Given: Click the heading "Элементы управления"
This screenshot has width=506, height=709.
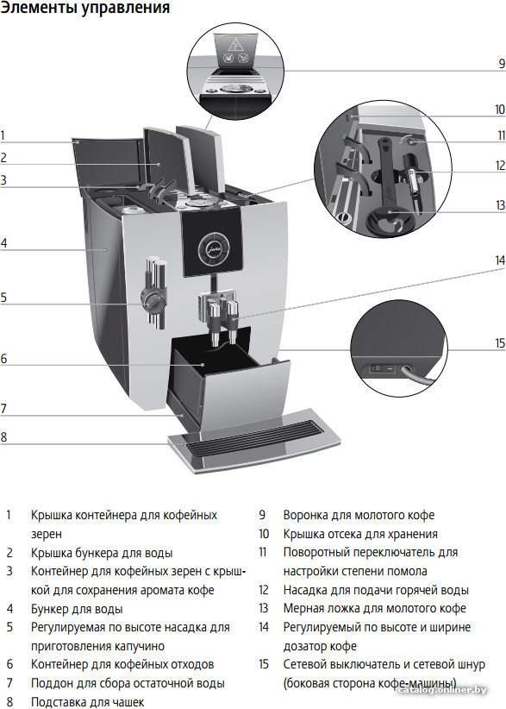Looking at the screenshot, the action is coord(85,8).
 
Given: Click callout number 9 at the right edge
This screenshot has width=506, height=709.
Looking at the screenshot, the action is coord(502,63).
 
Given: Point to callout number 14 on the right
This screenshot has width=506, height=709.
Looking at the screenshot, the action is coord(500,260).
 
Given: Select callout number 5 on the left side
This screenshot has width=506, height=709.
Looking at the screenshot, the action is coord(3,297).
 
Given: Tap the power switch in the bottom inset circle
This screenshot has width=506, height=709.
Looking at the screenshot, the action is coord(382,368).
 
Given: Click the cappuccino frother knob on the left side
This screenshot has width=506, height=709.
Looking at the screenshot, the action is coord(151,299).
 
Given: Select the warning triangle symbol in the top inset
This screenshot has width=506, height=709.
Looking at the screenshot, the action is coord(235,44).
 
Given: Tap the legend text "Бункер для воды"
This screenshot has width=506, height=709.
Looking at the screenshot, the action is coord(77,609).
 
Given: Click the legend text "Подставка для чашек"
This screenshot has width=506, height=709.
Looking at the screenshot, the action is coord(87,702).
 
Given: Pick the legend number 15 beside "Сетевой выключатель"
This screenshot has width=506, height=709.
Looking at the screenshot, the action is coord(264,664).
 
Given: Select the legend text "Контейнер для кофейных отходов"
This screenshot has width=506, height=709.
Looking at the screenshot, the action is coord(122,665).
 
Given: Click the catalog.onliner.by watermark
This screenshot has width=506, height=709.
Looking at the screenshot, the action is coord(443,690).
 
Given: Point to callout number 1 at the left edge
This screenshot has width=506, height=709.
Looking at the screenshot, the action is coord(3,135).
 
